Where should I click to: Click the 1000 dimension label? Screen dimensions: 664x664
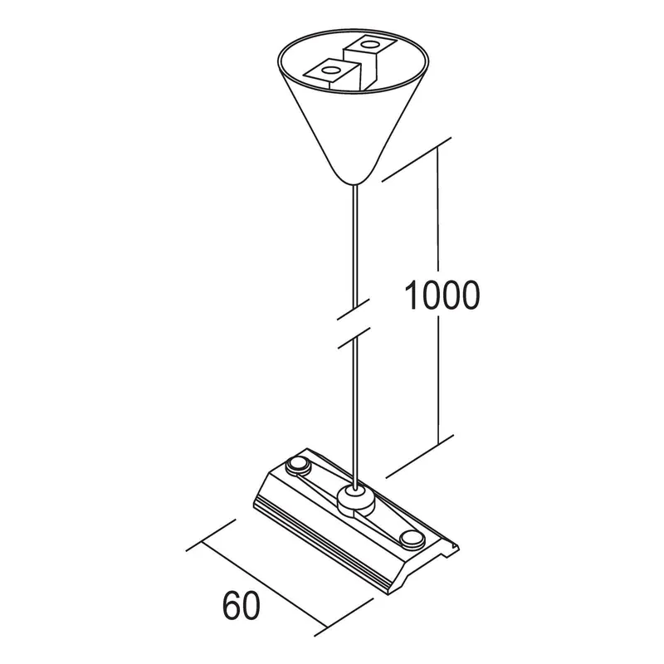tap(442, 295)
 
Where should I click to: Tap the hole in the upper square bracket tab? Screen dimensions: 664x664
tap(371, 44)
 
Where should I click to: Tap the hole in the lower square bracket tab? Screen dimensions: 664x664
tap(330, 70)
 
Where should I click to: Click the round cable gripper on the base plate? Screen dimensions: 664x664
tap(356, 499)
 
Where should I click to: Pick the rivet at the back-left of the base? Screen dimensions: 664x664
tap(298, 466)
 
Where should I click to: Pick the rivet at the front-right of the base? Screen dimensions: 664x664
tap(411, 539)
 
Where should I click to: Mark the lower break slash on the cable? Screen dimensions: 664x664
tap(354, 338)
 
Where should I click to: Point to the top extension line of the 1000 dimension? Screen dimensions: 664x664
tap(417, 159)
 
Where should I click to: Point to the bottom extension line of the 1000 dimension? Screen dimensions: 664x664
tap(420, 456)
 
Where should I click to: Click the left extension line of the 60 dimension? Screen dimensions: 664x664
tap(211, 535)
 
